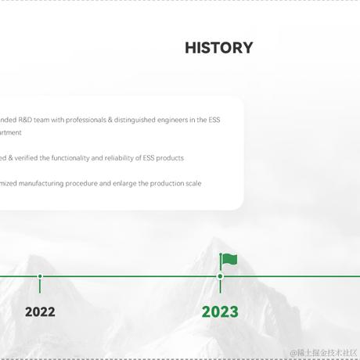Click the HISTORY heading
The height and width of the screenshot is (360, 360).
click(219, 48)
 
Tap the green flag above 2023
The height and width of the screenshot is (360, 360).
click(229, 260)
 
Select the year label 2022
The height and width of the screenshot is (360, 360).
click(40, 312)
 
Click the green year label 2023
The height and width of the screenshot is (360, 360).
click(220, 312)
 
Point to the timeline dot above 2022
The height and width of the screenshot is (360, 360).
click(40, 276)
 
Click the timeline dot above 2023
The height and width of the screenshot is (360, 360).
click(220, 276)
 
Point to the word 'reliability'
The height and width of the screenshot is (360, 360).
click(122, 158)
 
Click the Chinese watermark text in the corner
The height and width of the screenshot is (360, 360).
click(323, 353)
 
